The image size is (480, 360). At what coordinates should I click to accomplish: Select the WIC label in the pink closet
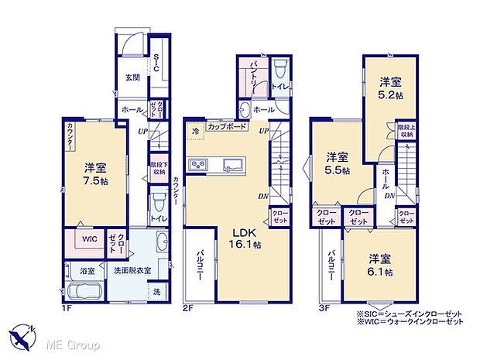tap(89, 239)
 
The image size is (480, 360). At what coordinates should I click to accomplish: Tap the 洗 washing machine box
tap(157, 292)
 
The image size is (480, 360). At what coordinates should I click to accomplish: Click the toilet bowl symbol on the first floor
tap(158, 204)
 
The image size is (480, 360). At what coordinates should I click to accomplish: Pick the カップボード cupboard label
tap(228, 125)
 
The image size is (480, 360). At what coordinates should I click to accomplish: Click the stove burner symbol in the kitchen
tap(199, 164)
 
